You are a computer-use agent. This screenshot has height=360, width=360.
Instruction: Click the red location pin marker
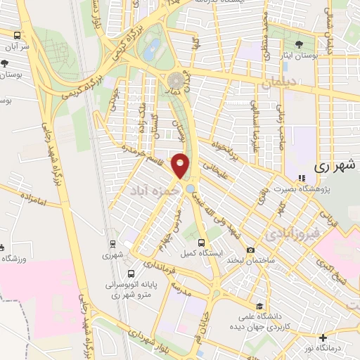181,165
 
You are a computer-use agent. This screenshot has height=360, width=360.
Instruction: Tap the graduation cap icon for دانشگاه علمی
260,307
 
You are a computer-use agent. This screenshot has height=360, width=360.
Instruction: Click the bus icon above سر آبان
18,34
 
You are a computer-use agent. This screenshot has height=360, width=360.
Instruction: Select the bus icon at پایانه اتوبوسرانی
131,274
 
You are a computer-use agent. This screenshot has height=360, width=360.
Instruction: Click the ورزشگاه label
14,259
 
